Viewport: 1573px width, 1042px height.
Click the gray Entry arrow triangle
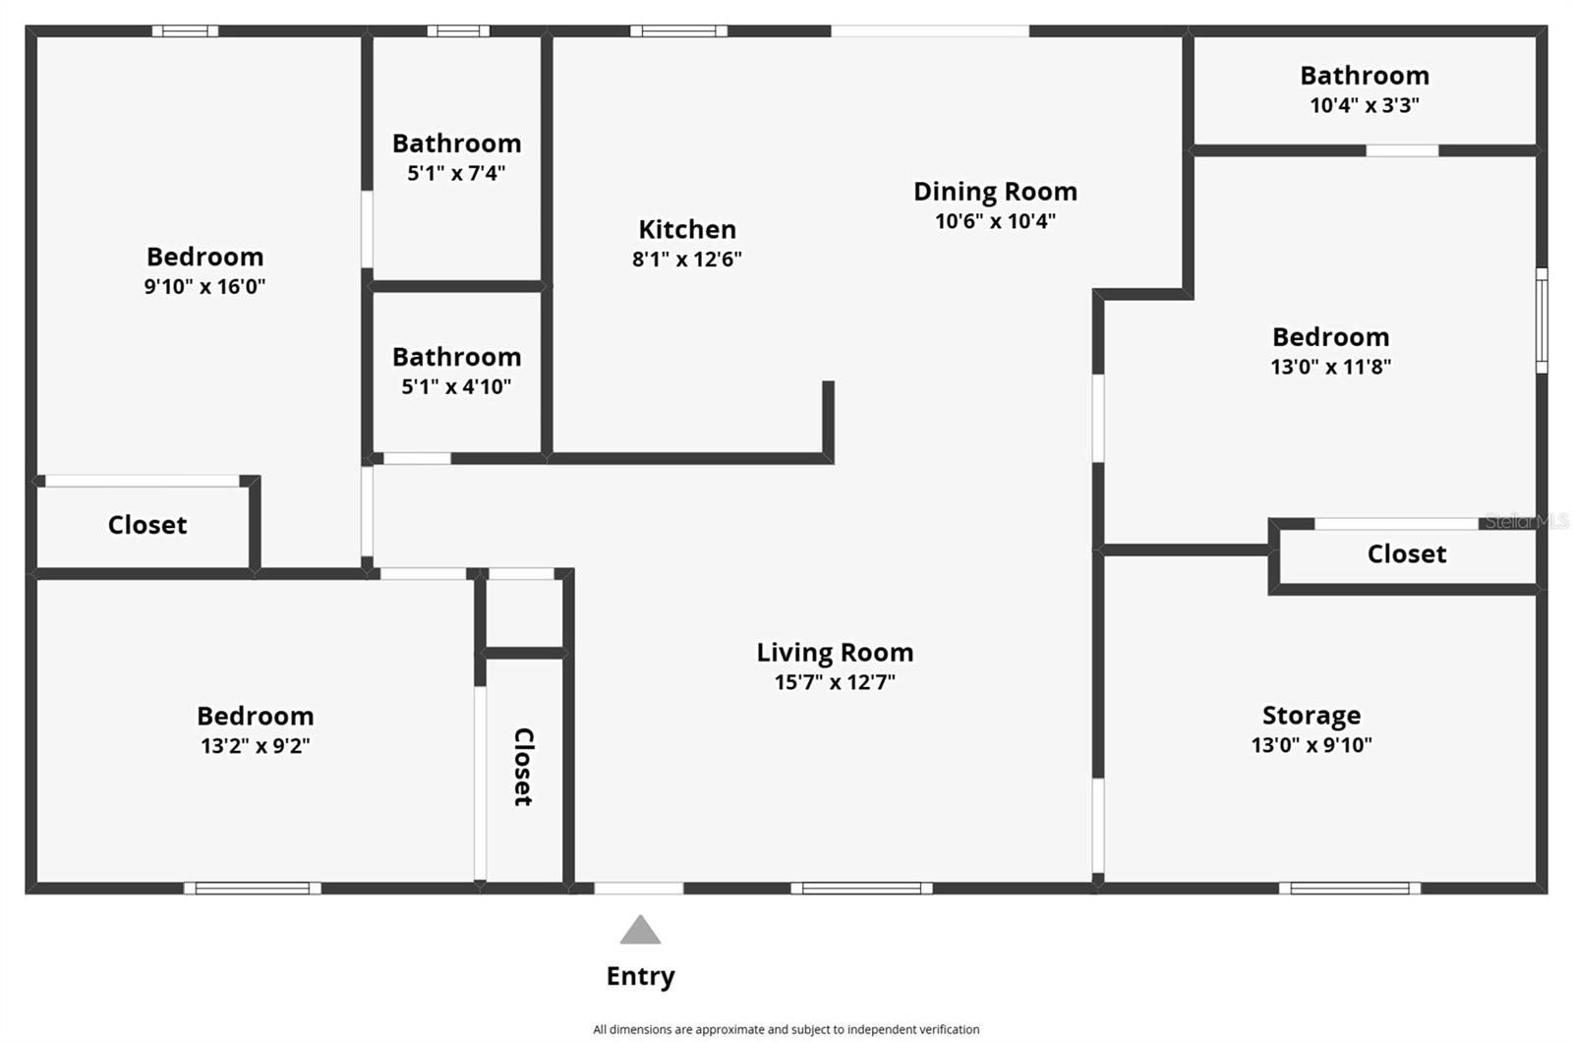tap(640, 930)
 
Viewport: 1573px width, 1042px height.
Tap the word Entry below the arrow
tap(640, 976)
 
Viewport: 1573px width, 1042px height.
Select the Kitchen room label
tap(687, 229)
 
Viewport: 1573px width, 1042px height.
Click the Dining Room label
tap(995, 191)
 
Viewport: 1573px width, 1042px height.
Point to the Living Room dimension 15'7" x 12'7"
tap(835, 682)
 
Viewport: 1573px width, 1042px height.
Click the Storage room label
tap(1311, 715)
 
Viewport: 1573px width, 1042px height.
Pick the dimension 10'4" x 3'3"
tap(1365, 105)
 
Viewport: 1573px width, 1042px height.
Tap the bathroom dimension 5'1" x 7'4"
tap(456, 173)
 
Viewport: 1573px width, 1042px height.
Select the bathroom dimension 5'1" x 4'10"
tap(456, 386)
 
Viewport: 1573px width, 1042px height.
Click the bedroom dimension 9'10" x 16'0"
tap(204, 287)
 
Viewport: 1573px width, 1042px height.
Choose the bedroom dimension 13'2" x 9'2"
tap(256, 746)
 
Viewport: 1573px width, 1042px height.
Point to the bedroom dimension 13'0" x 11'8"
tap(1330, 367)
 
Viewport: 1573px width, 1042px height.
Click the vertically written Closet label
tap(524, 767)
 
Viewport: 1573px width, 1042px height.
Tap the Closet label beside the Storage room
tap(1407, 553)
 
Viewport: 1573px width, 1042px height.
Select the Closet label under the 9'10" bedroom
tap(147, 525)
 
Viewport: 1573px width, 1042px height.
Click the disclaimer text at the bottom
tap(786, 1029)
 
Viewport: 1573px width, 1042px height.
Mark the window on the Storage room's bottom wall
tap(1349, 889)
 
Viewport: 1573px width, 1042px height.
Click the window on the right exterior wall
tap(1542, 320)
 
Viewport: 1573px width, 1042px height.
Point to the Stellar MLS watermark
tap(1526, 522)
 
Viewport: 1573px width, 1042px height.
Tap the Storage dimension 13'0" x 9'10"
tap(1311, 745)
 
